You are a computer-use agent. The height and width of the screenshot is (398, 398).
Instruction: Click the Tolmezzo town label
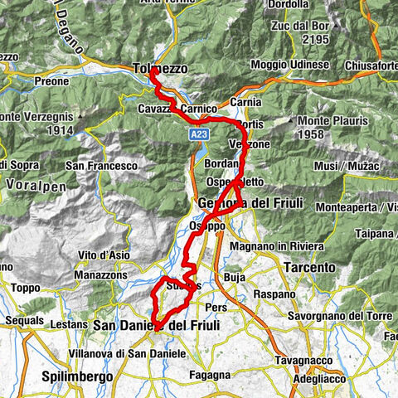coord(159,69)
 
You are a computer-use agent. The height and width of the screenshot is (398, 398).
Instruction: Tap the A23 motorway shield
coord(197,133)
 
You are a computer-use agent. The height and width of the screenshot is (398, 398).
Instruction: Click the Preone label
coord(49,82)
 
